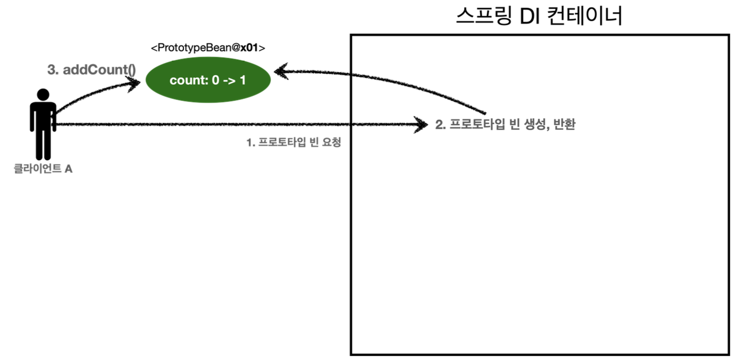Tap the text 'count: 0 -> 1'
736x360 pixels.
click(208, 80)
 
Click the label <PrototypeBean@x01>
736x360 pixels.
click(208, 48)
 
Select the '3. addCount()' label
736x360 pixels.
click(91, 70)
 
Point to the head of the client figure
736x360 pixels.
click(43, 95)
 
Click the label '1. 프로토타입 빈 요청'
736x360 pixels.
click(294, 143)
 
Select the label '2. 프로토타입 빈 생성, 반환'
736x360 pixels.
click(505, 125)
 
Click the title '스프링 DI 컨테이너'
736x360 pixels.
click(538, 17)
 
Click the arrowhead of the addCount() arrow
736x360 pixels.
click(135, 83)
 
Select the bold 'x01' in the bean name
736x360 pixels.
click(249, 48)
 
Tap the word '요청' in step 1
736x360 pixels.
click(332, 143)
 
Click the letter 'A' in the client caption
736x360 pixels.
click(68, 169)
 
